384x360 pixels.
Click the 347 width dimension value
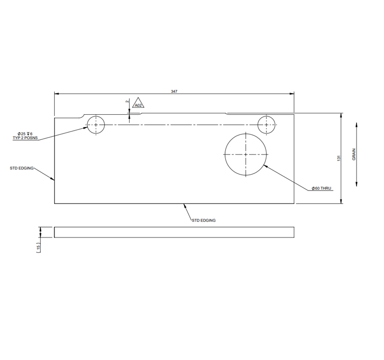pos(174,91)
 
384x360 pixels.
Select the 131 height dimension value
pos(338,158)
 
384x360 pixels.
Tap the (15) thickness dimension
pos(38,247)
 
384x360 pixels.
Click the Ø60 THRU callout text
pos(322,189)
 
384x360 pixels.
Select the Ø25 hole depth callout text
pos(25,133)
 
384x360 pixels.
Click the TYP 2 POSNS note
pos(25,138)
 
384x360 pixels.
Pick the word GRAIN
pos(354,155)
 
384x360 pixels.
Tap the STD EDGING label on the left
pos(22,168)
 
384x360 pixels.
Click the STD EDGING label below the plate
pos(204,220)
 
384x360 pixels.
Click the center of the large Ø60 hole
pos(246,155)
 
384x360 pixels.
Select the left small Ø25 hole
pos(96,125)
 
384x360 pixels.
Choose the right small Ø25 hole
pos(267,125)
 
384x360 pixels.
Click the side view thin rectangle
pos(174,232)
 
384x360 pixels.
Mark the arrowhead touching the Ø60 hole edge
pos(266,166)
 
